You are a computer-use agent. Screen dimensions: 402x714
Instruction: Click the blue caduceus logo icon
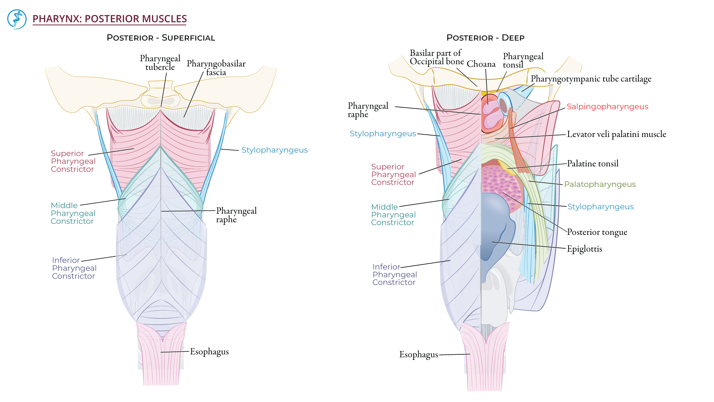(17, 19)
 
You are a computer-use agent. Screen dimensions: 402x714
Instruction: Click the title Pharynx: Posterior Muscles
(109, 19)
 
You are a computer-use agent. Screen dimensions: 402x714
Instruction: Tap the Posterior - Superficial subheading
(161, 38)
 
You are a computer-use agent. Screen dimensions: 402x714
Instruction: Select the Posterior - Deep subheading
(485, 38)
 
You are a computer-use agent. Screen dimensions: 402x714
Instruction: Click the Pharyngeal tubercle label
(160, 63)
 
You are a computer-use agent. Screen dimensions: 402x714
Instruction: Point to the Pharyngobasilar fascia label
(216, 68)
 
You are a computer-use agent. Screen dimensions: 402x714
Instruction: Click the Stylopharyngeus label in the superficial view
(274, 150)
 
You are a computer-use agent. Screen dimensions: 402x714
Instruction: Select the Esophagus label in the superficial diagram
(209, 352)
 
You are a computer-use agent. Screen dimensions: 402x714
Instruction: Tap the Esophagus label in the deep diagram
(418, 355)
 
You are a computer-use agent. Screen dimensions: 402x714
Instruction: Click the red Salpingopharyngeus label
(607, 106)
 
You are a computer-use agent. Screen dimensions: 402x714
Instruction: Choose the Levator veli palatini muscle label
(616, 134)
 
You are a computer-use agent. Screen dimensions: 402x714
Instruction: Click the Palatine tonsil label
(592, 163)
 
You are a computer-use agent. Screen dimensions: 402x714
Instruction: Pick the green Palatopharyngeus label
(599, 184)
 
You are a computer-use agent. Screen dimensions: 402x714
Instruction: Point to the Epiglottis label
(584, 249)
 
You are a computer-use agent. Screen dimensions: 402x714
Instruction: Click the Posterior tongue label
(597, 232)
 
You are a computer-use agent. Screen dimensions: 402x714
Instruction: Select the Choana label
(481, 64)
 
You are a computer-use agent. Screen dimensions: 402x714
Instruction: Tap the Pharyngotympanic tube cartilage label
(591, 79)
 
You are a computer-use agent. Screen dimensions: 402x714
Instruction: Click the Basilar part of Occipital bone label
(437, 57)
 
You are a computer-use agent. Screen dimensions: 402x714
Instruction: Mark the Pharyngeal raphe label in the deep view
(367, 110)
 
